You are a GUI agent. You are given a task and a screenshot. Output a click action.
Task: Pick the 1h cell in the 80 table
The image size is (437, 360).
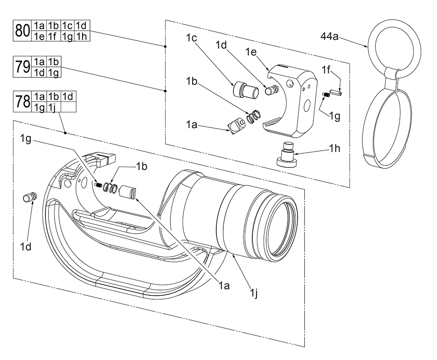(x=83, y=36)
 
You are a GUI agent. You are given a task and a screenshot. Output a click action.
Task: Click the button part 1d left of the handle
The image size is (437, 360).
(x=30, y=197)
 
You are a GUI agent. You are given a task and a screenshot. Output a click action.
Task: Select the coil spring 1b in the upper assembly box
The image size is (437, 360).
(x=254, y=117)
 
